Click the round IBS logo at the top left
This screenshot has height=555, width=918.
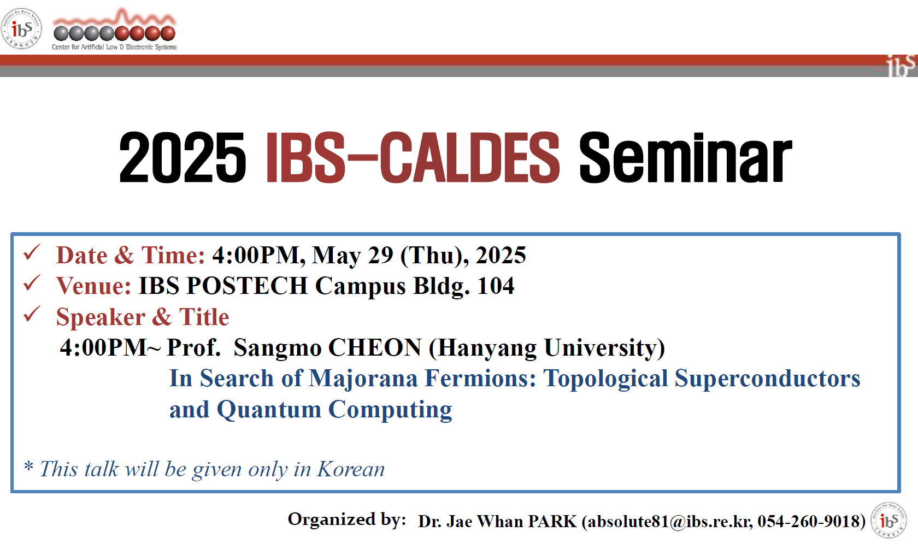pyautogui.click(x=21, y=28)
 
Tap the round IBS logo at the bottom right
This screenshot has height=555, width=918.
pyautogui.click(x=888, y=520)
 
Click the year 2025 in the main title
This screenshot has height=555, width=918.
pyautogui.click(x=183, y=158)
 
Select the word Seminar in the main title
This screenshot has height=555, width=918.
pyautogui.click(x=685, y=158)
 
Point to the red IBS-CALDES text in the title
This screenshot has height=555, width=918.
pyautogui.click(x=413, y=158)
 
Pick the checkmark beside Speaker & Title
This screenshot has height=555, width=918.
pyautogui.click(x=32, y=314)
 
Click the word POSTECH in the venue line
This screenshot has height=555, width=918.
pyautogui.click(x=247, y=286)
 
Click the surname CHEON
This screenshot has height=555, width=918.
pyautogui.click(x=375, y=348)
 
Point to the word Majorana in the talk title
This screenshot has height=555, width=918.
pyautogui.click(x=363, y=379)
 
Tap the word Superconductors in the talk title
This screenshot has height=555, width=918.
pyautogui.click(x=767, y=379)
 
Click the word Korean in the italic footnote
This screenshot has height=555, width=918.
pyautogui.click(x=351, y=469)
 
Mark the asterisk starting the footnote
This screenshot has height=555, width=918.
pyautogui.click(x=28, y=466)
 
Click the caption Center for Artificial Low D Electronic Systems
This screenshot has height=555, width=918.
pyautogui.click(x=114, y=47)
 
